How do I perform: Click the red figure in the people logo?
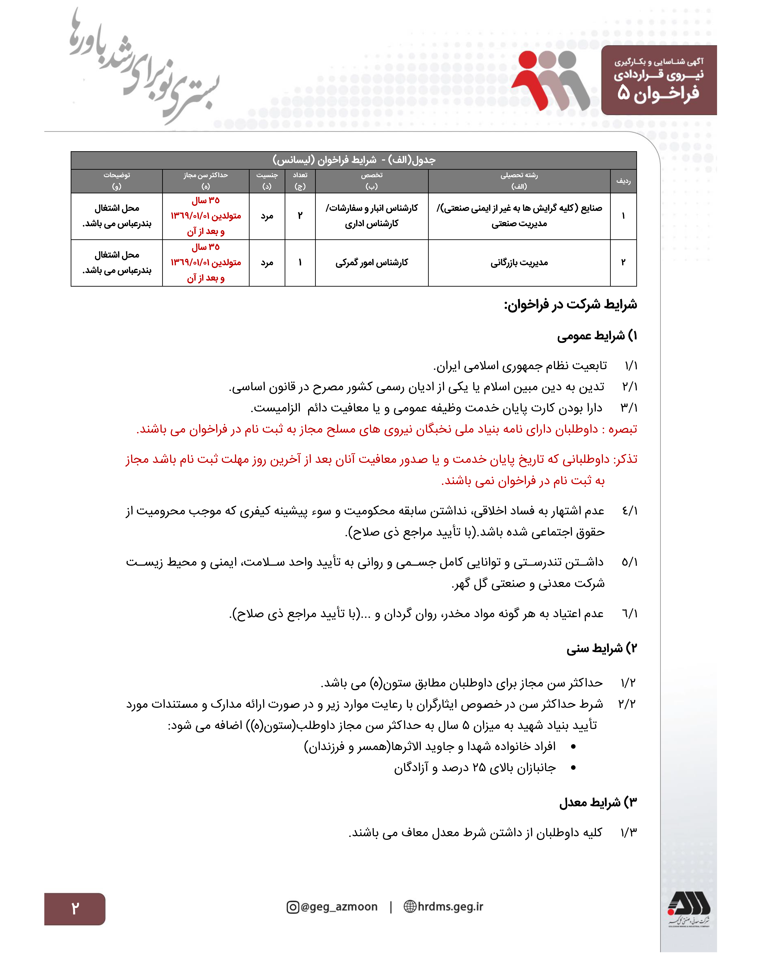pos(531,80)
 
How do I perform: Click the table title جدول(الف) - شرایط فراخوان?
pos(354,160)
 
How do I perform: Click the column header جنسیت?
pos(267,175)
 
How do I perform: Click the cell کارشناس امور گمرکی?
pos(372,263)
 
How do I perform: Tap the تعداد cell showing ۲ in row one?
pos(300,216)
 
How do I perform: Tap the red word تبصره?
pos(622,429)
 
